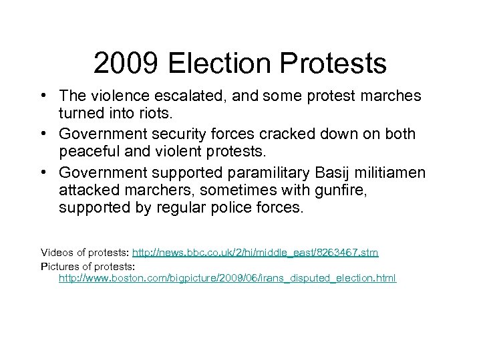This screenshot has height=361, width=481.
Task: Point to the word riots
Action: click(162, 114)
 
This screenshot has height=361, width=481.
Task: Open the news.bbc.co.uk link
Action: click(255, 253)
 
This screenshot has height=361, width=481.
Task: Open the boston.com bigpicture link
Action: click(227, 277)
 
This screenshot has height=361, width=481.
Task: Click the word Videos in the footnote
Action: click(57, 253)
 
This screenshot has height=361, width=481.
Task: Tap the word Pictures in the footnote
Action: click(59, 265)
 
